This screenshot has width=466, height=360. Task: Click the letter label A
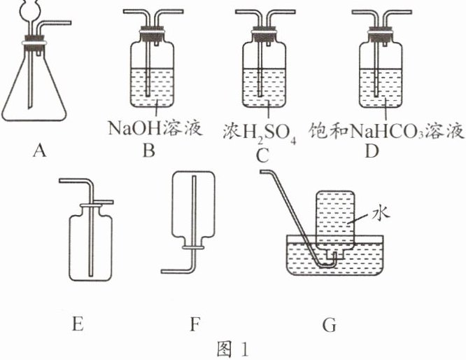coord(38,149)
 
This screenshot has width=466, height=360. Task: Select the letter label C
coord(262,155)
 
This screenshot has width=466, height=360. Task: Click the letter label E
coord(77,323)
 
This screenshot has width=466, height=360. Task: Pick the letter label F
coord(195,323)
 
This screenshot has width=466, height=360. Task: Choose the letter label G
coord(329,324)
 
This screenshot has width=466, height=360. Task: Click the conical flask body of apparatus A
coord(35,91)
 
